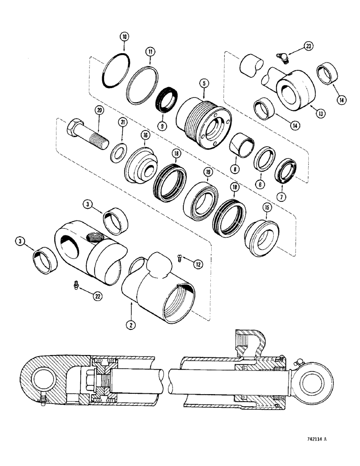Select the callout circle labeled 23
(x=308, y=46)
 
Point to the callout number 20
(x=98, y=110)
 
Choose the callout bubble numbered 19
(x=207, y=172)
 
